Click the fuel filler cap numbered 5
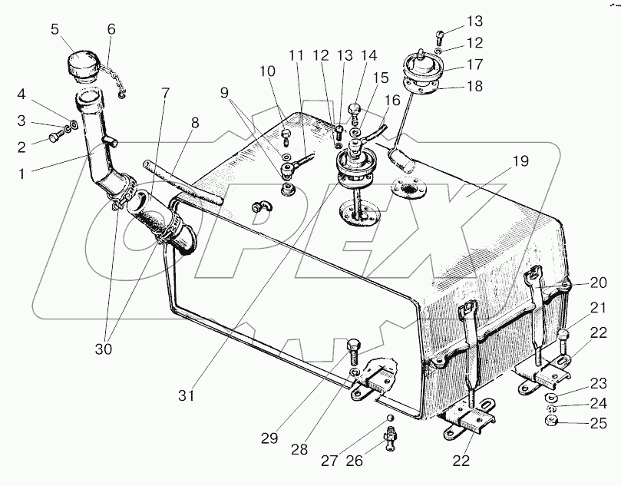[81, 65]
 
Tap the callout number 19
[520, 161]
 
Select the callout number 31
[186, 395]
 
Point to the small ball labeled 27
[390, 418]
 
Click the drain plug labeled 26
[390, 438]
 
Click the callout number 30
[104, 349]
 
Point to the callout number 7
[165, 93]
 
